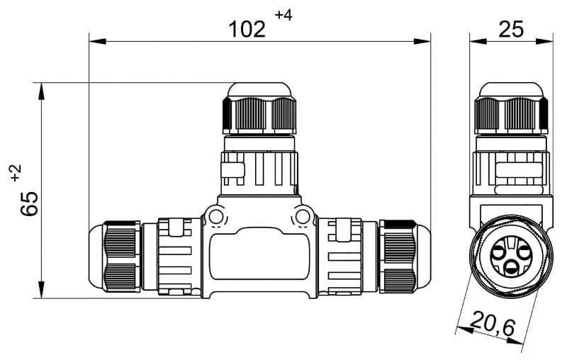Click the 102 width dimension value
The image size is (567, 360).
pos(247,29)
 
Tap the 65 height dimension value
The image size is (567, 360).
pos(30,203)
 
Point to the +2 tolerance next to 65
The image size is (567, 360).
pos(16,174)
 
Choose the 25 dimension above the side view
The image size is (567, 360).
pos(510,28)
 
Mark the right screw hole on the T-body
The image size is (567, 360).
pos(303,215)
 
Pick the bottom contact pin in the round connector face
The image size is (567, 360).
pos(511,267)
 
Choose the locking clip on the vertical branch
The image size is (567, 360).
pos(232,171)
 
